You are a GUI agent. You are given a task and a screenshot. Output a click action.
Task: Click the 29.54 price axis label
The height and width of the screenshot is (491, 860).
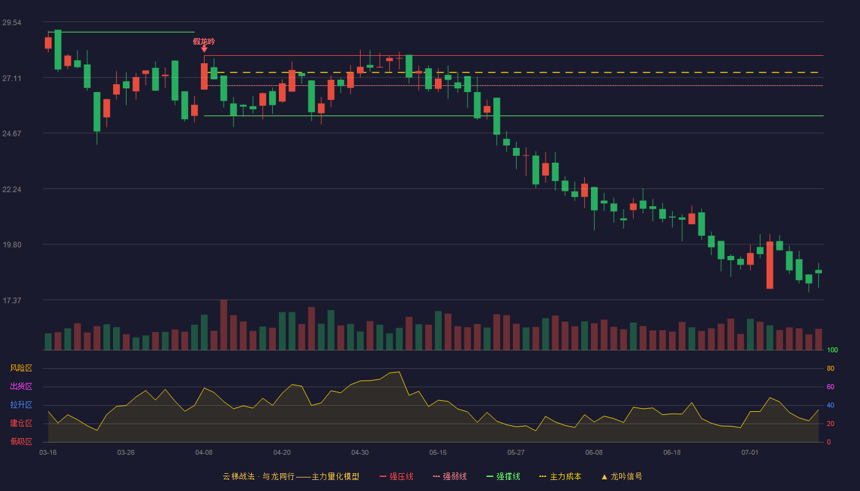(12, 23)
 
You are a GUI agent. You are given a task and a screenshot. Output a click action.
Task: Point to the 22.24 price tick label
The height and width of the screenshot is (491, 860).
(12, 190)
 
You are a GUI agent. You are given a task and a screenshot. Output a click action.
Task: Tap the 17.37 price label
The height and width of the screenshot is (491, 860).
(12, 300)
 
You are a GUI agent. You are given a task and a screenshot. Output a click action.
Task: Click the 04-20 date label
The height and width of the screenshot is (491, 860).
(282, 453)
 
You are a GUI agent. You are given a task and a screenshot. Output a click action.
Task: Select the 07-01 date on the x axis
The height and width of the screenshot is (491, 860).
(750, 453)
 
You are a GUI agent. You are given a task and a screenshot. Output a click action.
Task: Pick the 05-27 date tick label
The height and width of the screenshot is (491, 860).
(516, 453)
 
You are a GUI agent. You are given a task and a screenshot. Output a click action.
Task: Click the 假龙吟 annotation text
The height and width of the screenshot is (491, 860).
(204, 42)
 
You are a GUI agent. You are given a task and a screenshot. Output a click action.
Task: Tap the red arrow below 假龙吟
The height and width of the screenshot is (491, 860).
(204, 49)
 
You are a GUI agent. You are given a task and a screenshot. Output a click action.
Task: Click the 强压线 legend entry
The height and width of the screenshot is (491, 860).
(396, 476)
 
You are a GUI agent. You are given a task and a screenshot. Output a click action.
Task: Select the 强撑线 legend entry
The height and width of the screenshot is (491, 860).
(503, 476)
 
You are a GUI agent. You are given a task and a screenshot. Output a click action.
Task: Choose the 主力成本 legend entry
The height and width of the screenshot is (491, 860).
(560, 476)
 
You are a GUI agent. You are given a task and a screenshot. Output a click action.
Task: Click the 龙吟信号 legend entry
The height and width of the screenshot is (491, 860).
(622, 476)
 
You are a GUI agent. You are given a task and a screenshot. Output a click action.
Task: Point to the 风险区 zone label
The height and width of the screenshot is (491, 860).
(21, 368)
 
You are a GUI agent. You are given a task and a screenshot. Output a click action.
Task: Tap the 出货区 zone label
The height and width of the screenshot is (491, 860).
(21, 386)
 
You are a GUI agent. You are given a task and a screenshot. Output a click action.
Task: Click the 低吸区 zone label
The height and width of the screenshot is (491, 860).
(21, 441)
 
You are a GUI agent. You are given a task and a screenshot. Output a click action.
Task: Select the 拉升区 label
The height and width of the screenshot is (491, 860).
(21, 404)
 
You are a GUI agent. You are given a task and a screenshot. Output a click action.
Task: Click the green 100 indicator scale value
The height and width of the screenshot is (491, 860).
(832, 350)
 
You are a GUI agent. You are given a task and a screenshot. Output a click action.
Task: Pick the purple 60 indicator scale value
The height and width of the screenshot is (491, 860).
(831, 387)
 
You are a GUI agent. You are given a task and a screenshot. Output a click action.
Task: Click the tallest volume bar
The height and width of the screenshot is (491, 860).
(224, 325)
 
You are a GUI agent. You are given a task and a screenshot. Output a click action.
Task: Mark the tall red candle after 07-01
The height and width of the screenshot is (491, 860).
(770, 265)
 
